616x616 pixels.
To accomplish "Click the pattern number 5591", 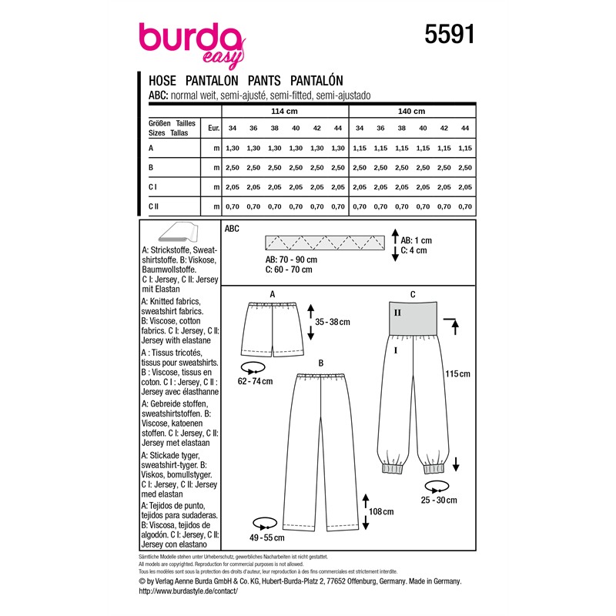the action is [450, 34].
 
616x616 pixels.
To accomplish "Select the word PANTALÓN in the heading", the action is [316, 81].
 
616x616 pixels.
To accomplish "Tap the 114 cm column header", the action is [284, 111].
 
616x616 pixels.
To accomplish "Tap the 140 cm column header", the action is [411, 111].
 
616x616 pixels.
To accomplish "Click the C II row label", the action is [153, 206].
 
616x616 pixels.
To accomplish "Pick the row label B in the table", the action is [151, 167].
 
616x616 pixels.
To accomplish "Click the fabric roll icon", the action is [179, 232].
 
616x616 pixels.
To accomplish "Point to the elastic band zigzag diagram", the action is [325, 243].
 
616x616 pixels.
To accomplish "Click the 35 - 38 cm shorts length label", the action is [333, 322].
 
